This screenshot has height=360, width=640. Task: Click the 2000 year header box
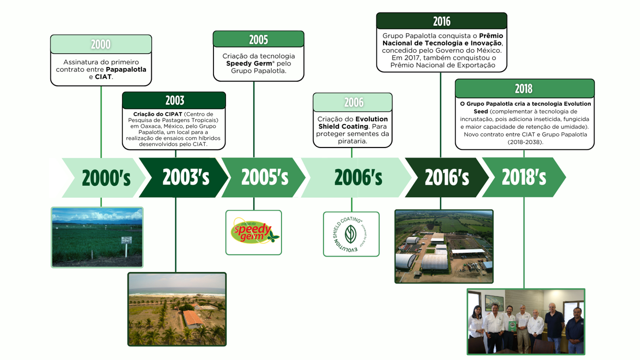(101, 44)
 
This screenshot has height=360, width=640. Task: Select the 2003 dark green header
(174, 100)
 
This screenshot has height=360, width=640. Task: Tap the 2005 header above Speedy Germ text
(259, 39)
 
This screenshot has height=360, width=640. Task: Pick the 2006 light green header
(353, 102)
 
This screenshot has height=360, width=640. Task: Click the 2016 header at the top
(442, 21)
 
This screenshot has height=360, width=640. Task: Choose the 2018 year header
(524, 88)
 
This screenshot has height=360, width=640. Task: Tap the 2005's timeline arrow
(263, 177)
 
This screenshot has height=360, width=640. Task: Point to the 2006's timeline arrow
(356, 177)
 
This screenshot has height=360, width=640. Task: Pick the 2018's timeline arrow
(524, 177)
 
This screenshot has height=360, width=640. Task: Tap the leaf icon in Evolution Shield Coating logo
(351, 234)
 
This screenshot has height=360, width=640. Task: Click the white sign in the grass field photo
(126, 240)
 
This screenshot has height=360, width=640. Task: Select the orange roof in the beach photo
(193, 318)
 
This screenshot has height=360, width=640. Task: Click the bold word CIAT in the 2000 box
(103, 77)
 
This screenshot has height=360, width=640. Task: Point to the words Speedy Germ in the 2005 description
(249, 63)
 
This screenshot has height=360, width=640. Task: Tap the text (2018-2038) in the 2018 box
(525, 142)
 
